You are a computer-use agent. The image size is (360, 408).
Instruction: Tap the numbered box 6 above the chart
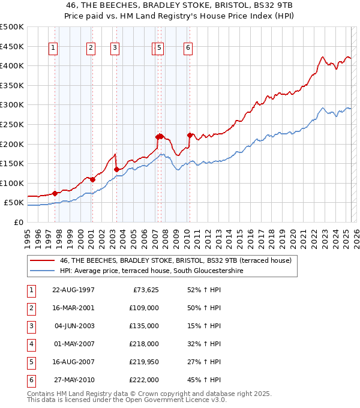coord(188,49)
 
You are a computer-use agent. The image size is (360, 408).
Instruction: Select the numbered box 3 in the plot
coord(115,49)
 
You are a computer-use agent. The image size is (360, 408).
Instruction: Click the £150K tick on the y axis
coord(12,164)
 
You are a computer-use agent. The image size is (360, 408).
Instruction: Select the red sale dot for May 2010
coord(190,135)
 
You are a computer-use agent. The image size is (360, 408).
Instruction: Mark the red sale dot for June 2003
coord(116,169)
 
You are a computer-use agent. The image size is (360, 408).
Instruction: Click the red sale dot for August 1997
coord(55,193)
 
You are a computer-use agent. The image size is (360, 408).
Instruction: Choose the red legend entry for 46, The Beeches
coord(175,260)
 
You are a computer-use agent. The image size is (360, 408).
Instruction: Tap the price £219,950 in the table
coord(145,362)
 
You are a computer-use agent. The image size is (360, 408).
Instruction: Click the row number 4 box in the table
coord(31,344)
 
